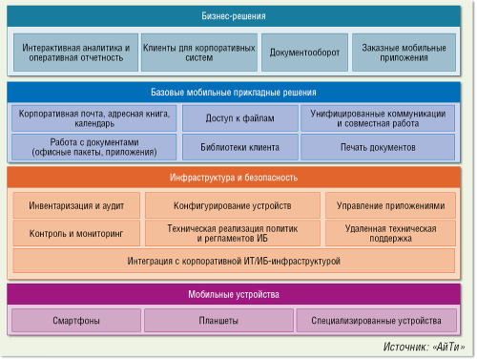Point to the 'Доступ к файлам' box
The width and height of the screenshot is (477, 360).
click(238, 118)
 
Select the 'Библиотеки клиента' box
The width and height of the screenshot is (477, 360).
click(238, 148)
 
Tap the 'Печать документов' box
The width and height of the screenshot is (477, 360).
click(379, 148)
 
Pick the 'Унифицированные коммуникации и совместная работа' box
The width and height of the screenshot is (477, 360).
click(379, 118)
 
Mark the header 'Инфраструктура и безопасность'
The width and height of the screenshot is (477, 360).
click(238, 178)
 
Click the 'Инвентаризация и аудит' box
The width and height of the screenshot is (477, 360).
click(75, 205)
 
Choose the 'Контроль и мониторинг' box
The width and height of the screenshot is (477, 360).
click(75, 233)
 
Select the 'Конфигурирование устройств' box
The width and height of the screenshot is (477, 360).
click(232, 205)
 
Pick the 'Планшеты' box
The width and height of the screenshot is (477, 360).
click(218, 321)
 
